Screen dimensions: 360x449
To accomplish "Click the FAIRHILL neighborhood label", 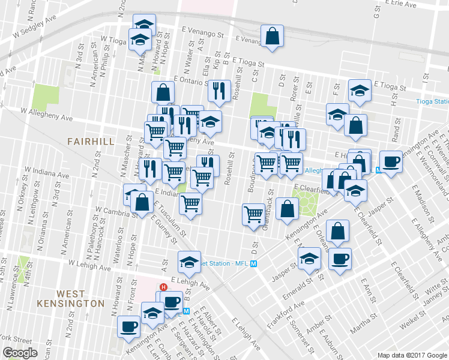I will pos(92,141).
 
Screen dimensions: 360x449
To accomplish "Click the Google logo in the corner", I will pos(20,353).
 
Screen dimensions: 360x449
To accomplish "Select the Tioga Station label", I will pos(432,101).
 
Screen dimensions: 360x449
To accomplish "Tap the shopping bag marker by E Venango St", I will pos(273,36).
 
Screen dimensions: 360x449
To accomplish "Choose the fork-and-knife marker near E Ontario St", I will pos(219,90).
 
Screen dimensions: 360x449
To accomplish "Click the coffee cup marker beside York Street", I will pos(129,326).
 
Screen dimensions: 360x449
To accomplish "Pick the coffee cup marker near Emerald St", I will pos(340,259).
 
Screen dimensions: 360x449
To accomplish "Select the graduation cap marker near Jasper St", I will pos(309,259).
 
